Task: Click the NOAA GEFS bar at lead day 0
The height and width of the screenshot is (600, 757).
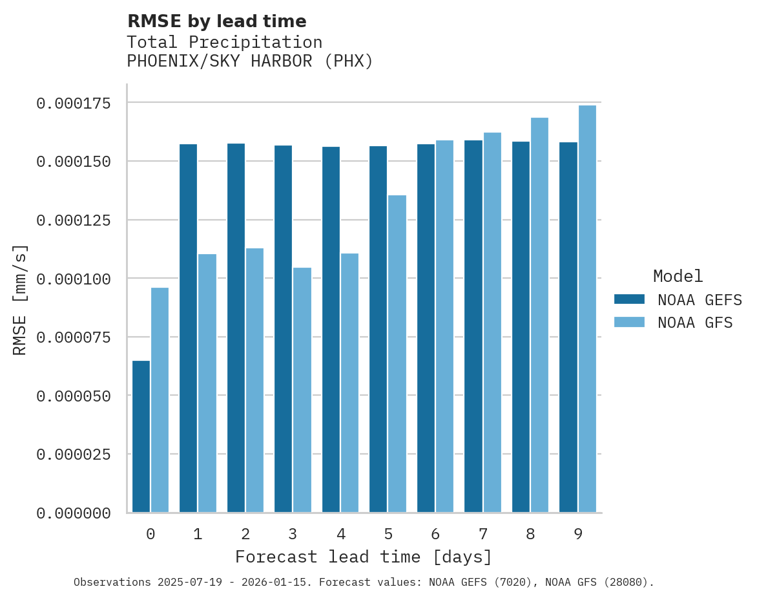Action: pyautogui.click(x=141, y=436)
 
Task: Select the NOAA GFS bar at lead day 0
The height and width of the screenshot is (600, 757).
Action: pyautogui.click(x=160, y=400)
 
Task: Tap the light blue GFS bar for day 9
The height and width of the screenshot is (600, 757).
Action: pyautogui.click(x=587, y=309)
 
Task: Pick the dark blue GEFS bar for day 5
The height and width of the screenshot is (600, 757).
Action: pyautogui.click(x=378, y=329)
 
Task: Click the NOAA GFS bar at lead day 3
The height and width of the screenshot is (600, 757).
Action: pyautogui.click(x=302, y=390)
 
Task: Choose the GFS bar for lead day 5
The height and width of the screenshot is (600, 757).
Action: pyautogui.click(x=397, y=354)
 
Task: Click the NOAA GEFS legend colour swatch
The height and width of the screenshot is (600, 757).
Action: pyautogui.click(x=629, y=299)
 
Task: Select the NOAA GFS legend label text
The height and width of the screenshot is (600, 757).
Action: pyautogui.click(x=695, y=323)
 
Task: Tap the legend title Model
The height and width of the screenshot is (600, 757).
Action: pyautogui.click(x=678, y=277)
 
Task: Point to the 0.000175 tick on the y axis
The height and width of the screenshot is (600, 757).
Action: pyautogui.click(x=73, y=103)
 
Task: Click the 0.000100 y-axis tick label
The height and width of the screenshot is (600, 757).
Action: pyautogui.click(x=73, y=279)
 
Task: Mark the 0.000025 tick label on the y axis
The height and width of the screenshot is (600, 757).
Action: pyautogui.click(x=73, y=455)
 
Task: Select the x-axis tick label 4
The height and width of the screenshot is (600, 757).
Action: pyautogui.click(x=340, y=534)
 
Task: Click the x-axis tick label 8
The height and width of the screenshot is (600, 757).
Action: pyautogui.click(x=530, y=534)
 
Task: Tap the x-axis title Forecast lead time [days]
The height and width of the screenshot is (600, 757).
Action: pyautogui.click(x=364, y=557)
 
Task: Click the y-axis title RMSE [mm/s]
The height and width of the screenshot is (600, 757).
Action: pyautogui.click(x=20, y=301)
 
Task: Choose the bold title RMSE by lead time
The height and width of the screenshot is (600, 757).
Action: pyautogui.click(x=216, y=21)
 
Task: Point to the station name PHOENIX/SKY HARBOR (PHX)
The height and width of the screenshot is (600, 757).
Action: pyautogui.click(x=250, y=61)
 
